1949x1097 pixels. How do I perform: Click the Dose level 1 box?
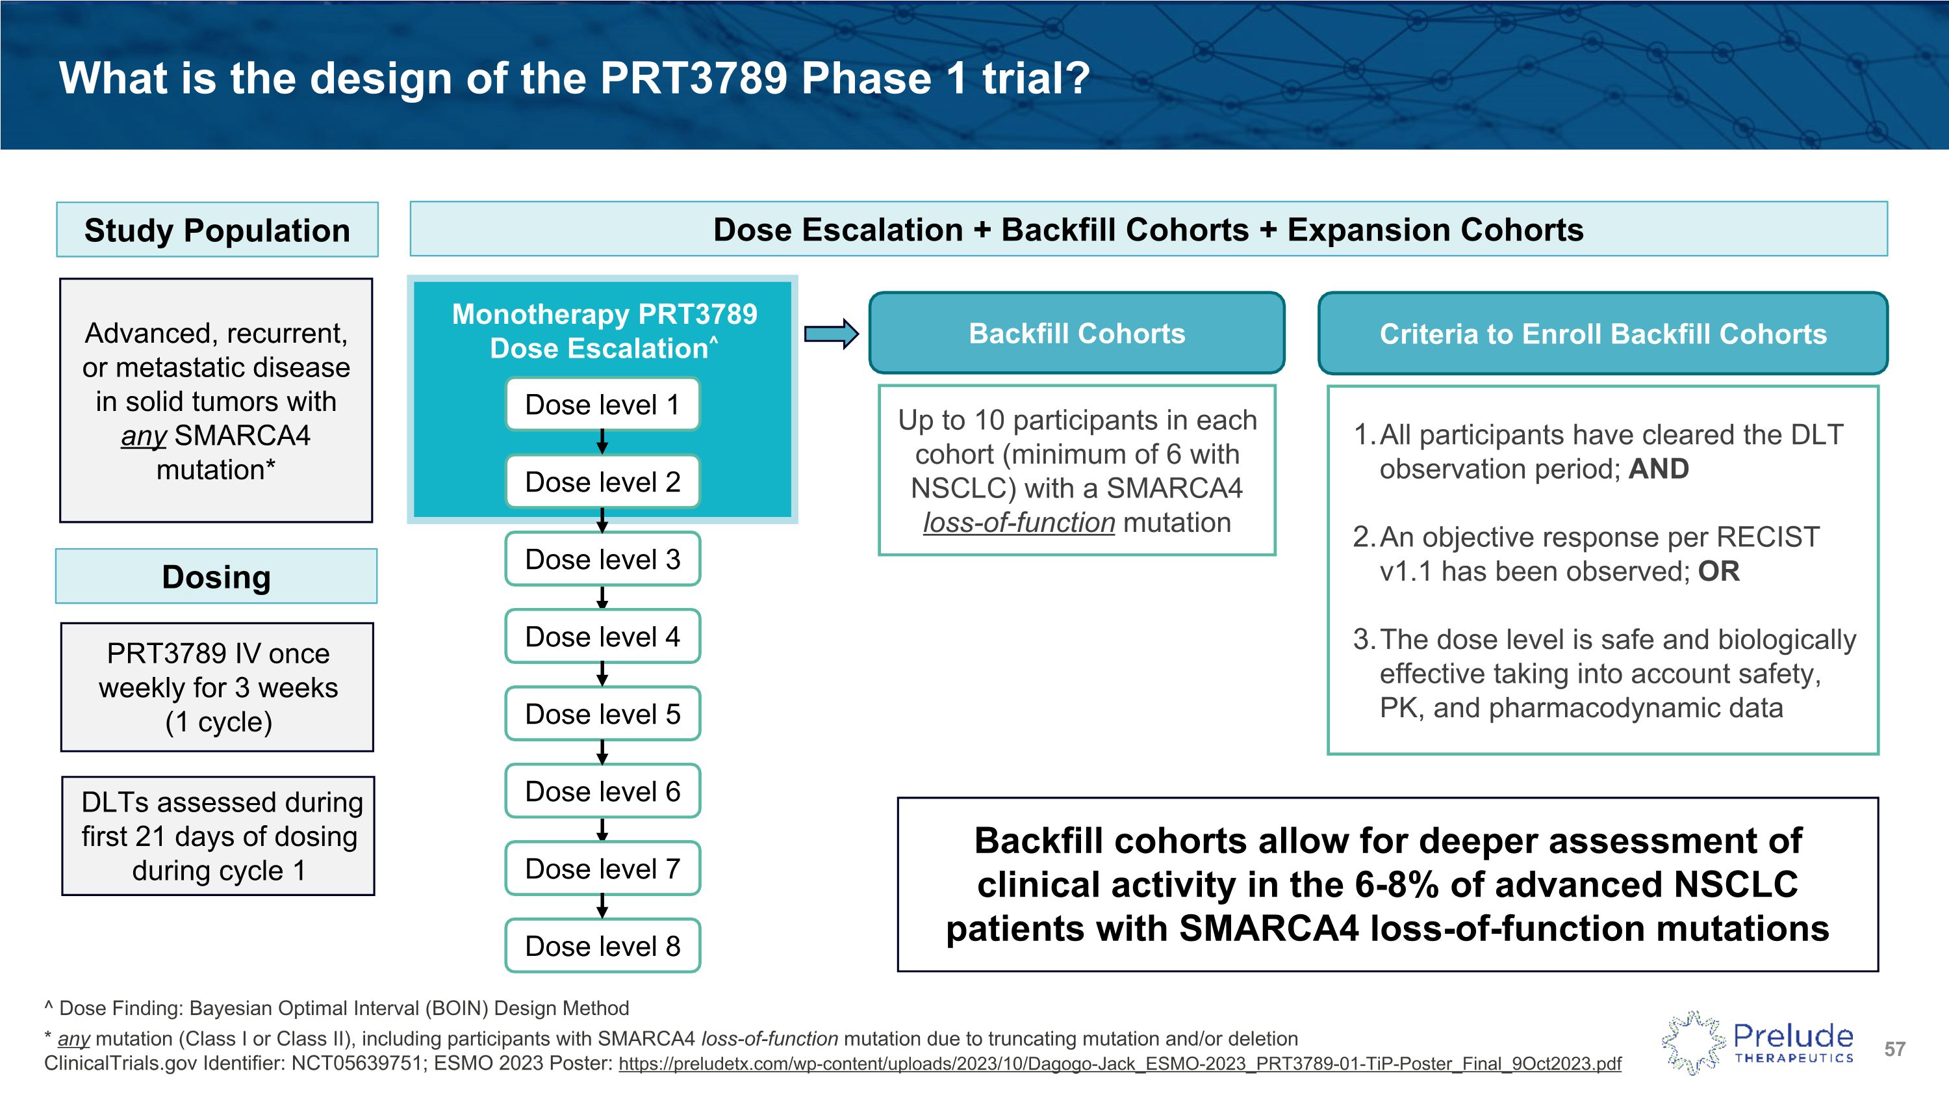(602, 404)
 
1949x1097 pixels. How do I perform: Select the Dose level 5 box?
(602, 714)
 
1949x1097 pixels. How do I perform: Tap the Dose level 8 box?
(602, 945)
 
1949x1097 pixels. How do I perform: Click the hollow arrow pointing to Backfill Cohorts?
(831, 334)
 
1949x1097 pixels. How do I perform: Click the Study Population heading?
(217, 230)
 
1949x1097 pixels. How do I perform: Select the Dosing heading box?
(216, 577)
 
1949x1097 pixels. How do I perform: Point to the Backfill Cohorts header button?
(1076, 334)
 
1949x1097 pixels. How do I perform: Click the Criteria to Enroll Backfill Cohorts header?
(1603, 334)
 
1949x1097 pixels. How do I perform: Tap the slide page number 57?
(1894, 1050)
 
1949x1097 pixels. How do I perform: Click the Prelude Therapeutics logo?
(1757, 1043)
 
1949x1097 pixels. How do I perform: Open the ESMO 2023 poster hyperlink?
(1120, 1064)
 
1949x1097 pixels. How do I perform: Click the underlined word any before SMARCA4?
(143, 436)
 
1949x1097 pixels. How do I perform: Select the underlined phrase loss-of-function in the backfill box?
(1019, 523)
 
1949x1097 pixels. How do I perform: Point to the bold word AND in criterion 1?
(1659, 469)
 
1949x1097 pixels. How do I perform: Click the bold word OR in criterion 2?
(1718, 572)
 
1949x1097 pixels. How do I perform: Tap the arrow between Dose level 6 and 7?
(602, 830)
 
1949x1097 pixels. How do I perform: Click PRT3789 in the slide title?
(694, 78)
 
